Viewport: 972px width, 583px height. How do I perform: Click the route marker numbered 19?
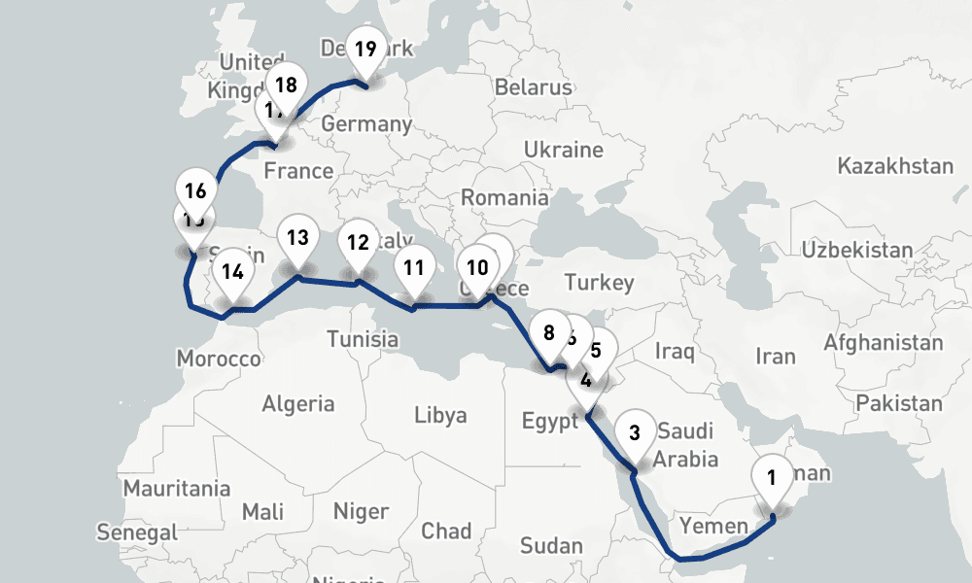coord(365,49)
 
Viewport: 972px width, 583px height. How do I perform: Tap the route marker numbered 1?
coord(772,477)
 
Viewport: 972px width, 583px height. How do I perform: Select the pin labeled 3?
coord(635,432)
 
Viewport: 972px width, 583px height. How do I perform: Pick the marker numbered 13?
coord(297,238)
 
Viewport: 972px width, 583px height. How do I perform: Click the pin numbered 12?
coord(358,243)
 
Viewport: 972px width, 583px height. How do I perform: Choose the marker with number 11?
coord(415,267)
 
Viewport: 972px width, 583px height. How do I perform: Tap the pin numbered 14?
coord(231,271)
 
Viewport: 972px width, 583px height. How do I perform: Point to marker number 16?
coord(195,190)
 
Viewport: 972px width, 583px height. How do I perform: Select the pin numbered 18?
coord(286,85)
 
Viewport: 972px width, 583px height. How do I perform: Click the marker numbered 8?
coord(549,333)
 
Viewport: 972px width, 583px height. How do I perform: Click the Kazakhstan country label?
coord(895,166)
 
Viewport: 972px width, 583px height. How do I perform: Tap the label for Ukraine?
coord(564,150)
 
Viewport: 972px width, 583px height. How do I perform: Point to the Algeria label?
coord(298,403)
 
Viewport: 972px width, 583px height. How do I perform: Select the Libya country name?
coord(440,415)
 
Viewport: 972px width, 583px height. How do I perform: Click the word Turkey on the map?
coord(599,283)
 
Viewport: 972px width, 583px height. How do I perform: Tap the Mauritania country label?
coord(177,487)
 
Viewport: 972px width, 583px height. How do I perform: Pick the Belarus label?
coord(534,86)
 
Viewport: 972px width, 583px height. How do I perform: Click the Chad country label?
coord(446,531)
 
